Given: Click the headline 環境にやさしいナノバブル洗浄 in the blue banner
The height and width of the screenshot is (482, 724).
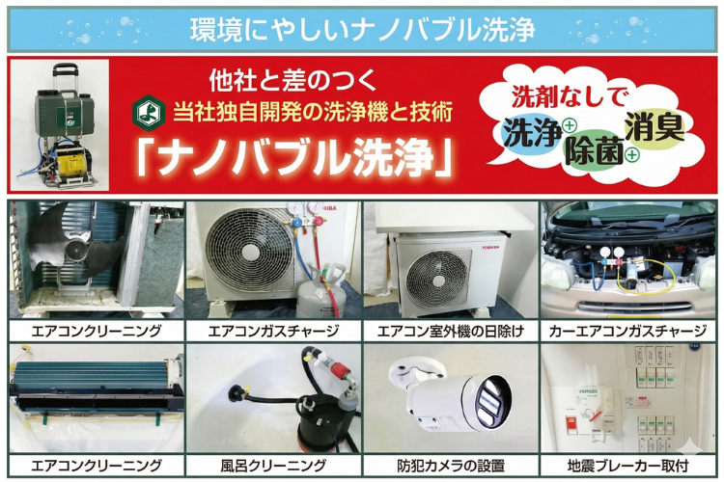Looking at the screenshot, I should (362, 29).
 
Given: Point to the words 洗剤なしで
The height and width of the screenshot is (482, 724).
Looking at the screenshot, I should (571, 96).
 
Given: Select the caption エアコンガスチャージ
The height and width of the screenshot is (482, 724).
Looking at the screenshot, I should (273, 331).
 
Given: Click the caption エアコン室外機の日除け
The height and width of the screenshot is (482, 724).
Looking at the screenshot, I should (450, 331).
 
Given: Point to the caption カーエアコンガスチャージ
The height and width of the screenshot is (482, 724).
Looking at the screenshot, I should (627, 331).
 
